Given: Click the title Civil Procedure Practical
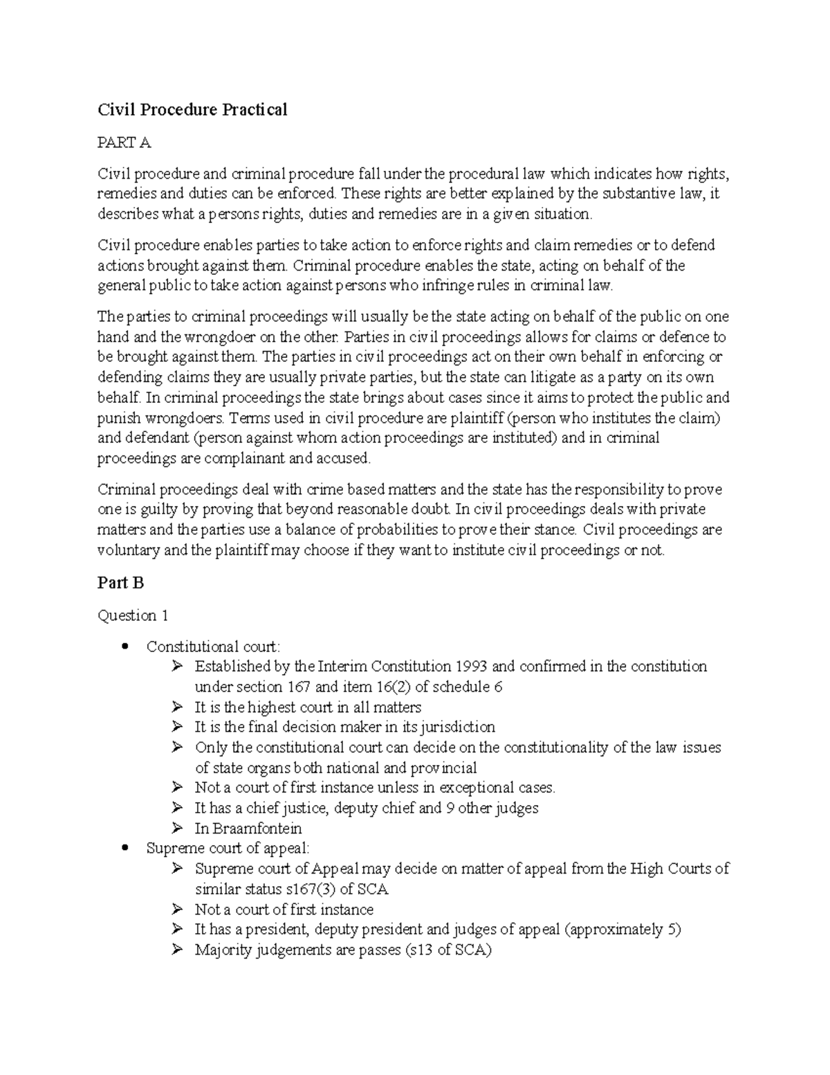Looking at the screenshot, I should [192, 109].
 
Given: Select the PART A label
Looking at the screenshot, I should [124, 143].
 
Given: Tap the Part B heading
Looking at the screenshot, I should [120, 583].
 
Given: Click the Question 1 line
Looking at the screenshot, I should [133, 615].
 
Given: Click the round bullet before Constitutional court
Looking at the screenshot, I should [125, 647].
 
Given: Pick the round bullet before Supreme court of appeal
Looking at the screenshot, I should [125, 848].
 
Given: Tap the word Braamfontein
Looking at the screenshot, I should [257, 828].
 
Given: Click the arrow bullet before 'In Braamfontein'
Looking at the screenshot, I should [178, 828].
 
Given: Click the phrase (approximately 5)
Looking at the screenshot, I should [623, 929].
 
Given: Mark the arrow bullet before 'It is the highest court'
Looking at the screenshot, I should [178, 707].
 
